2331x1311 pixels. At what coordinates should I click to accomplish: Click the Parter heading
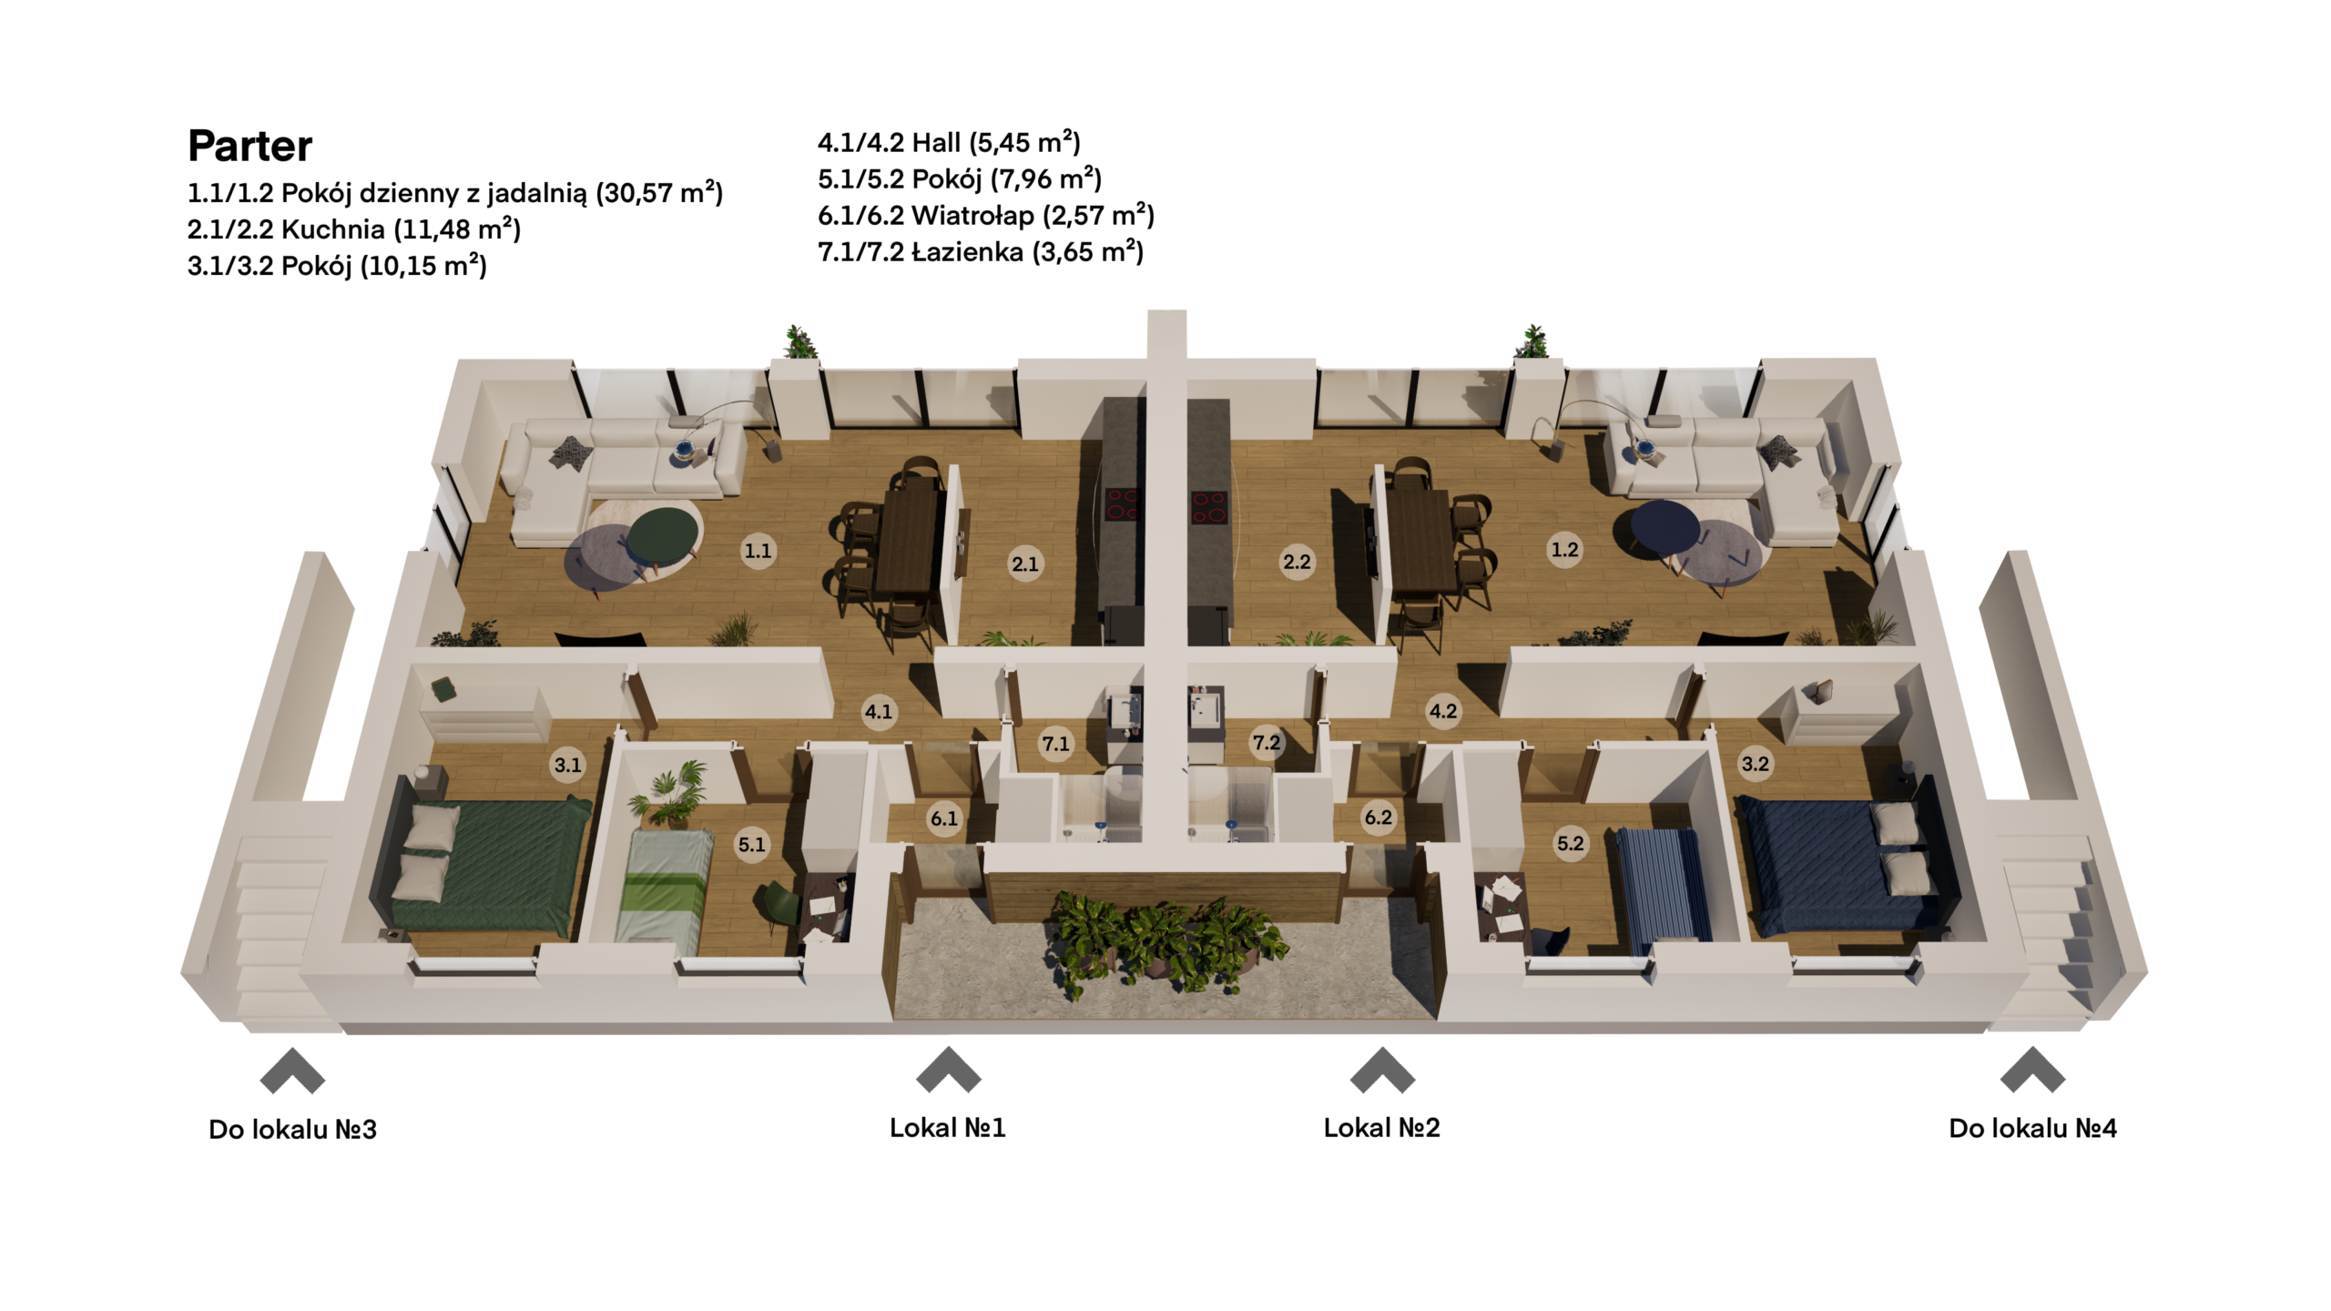coord(249,146)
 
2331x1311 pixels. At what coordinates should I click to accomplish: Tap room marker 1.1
coord(758,550)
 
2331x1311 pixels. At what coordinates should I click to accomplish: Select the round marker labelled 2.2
coord(1297,562)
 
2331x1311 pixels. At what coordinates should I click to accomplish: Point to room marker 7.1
coord(1055,744)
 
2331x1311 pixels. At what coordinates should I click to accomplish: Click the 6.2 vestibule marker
coord(1378,817)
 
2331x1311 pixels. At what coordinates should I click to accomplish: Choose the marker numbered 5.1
coord(751,844)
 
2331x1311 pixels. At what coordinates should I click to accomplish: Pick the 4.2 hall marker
coord(1442,710)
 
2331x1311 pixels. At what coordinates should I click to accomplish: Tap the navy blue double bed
coord(1844,865)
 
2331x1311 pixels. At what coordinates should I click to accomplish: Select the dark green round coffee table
coord(664,535)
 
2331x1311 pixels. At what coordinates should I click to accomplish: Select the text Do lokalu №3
coord(292,1129)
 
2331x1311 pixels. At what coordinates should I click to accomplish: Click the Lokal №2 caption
coord(1381,1128)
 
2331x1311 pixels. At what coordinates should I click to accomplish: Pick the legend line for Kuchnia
coord(354,229)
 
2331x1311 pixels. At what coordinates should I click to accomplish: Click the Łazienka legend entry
coord(981,251)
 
